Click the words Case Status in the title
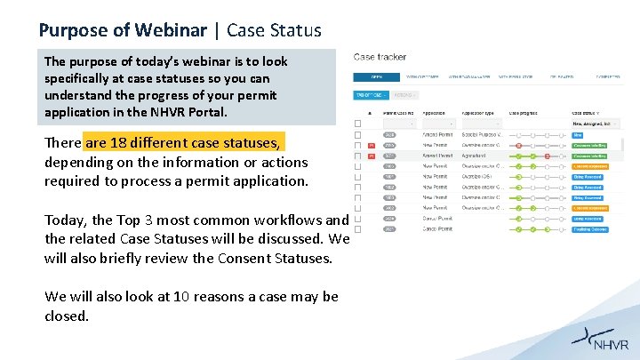click(274, 30)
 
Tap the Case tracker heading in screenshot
click(380, 57)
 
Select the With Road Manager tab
click(470, 77)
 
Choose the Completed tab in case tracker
click(608, 77)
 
